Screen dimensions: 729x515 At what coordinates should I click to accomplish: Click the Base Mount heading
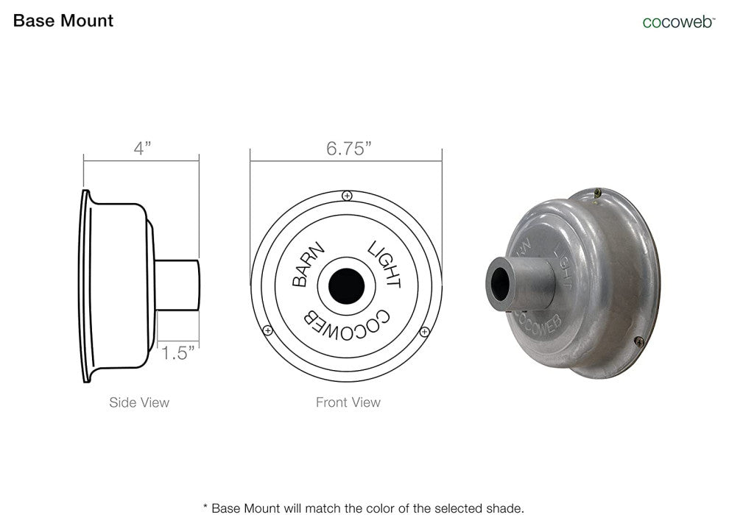pyautogui.click(x=63, y=21)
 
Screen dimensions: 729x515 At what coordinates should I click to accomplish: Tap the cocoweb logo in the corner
pyautogui.click(x=678, y=22)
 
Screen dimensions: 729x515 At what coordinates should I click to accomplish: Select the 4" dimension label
pyautogui.click(x=142, y=148)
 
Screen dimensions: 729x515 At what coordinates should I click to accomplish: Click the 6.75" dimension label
pyautogui.click(x=349, y=149)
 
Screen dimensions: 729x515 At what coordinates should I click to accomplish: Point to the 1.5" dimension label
pyautogui.click(x=177, y=353)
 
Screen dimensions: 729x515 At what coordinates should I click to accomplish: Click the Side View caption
pyautogui.click(x=139, y=402)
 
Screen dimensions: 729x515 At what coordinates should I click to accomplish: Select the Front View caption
pyautogui.click(x=348, y=402)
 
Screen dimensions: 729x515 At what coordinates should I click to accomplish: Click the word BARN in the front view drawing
pyautogui.click(x=307, y=263)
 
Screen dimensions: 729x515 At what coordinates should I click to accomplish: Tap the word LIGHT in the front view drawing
pyautogui.click(x=384, y=264)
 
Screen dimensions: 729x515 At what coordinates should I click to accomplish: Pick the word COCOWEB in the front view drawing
pyautogui.click(x=347, y=324)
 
